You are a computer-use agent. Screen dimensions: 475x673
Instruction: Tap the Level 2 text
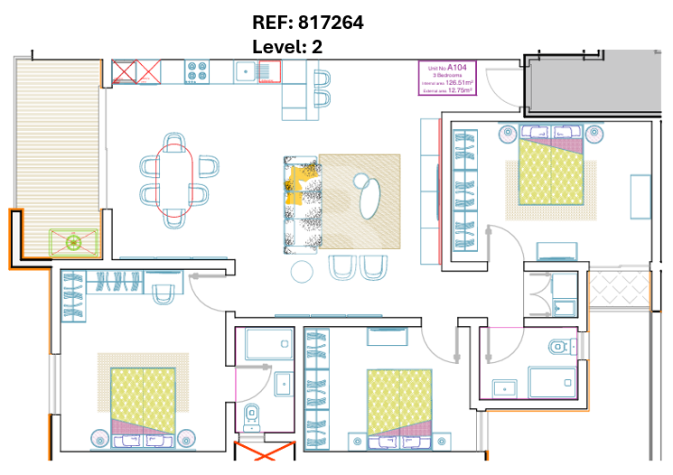click(x=287, y=46)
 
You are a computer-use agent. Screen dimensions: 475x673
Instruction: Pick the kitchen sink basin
click(x=245, y=71)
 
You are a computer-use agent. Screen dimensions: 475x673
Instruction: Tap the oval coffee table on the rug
click(x=370, y=198)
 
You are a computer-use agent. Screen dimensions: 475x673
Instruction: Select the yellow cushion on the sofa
click(x=294, y=190)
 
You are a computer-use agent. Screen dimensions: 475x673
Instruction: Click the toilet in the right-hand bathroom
click(x=560, y=346)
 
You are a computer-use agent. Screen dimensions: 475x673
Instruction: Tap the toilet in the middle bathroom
click(x=252, y=416)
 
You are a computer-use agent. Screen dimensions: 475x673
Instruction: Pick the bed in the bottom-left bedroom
click(x=143, y=402)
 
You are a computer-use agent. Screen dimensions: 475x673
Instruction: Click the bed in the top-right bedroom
click(x=549, y=170)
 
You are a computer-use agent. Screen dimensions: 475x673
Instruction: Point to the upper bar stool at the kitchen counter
click(x=320, y=79)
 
